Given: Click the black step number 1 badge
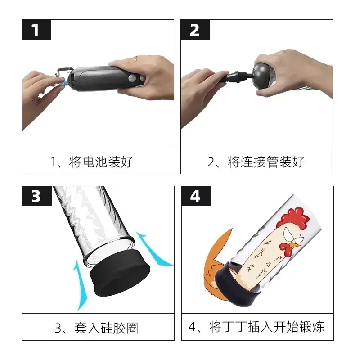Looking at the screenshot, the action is tap(36, 30).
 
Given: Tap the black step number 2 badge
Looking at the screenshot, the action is tap(195, 30).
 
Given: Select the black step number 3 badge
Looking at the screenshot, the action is tap(37, 196).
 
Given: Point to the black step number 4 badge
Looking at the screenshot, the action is tap(196, 196).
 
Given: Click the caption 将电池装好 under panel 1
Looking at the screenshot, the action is tap(101, 162).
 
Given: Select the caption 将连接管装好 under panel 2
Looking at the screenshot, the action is tap(266, 162).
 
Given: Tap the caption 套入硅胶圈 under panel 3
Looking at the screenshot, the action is tap(106, 328).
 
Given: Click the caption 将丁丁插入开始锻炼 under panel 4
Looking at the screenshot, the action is tap(266, 327).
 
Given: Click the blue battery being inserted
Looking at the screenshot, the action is tap(64, 82).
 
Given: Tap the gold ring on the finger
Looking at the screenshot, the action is tap(136, 58).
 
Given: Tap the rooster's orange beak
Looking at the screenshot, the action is tap(295, 245).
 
